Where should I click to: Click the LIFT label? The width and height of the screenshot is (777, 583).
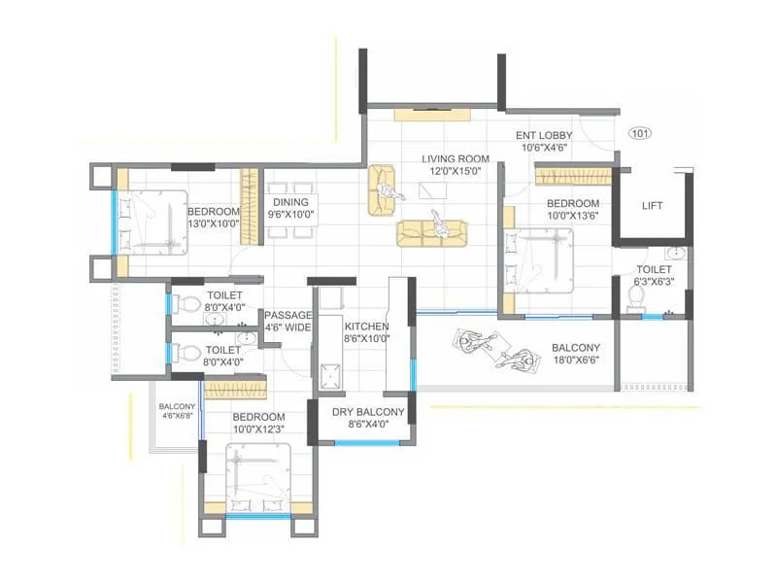pyautogui.click(x=653, y=206)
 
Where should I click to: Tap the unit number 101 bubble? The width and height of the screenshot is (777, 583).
pyautogui.click(x=640, y=133)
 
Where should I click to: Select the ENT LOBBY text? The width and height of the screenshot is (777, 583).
pyautogui.click(x=542, y=135)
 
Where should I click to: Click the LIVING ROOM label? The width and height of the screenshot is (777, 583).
pyautogui.click(x=455, y=158)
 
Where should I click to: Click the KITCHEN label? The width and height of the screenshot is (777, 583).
pyautogui.click(x=366, y=326)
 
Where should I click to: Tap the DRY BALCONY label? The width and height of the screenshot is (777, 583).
pyautogui.click(x=367, y=410)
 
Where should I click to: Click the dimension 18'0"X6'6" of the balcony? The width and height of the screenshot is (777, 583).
pyautogui.click(x=575, y=360)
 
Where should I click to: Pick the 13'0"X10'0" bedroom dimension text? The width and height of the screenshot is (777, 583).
pyautogui.click(x=214, y=223)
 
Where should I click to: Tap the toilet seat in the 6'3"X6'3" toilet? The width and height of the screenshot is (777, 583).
pyautogui.click(x=636, y=297)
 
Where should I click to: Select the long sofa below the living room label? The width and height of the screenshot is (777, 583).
pyautogui.click(x=431, y=230)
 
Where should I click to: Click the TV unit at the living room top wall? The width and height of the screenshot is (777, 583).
pyautogui.click(x=434, y=115)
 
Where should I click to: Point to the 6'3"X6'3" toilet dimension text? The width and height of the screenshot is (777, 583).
pyautogui.click(x=654, y=282)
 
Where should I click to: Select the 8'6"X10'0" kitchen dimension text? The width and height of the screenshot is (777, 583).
pyautogui.click(x=366, y=339)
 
